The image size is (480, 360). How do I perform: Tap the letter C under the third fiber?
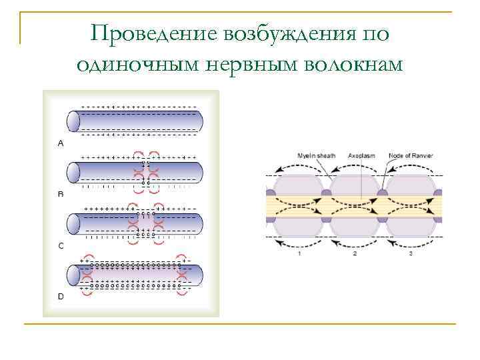point(61,246)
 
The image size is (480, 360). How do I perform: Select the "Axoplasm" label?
point(361,156)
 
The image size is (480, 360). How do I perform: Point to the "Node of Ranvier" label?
point(411,156)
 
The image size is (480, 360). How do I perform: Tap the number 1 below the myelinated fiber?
point(299,253)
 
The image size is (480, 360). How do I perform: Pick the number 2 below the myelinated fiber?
point(355,253)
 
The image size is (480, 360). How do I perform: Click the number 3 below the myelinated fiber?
point(411,253)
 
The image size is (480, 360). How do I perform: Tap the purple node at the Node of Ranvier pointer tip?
point(383,194)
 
